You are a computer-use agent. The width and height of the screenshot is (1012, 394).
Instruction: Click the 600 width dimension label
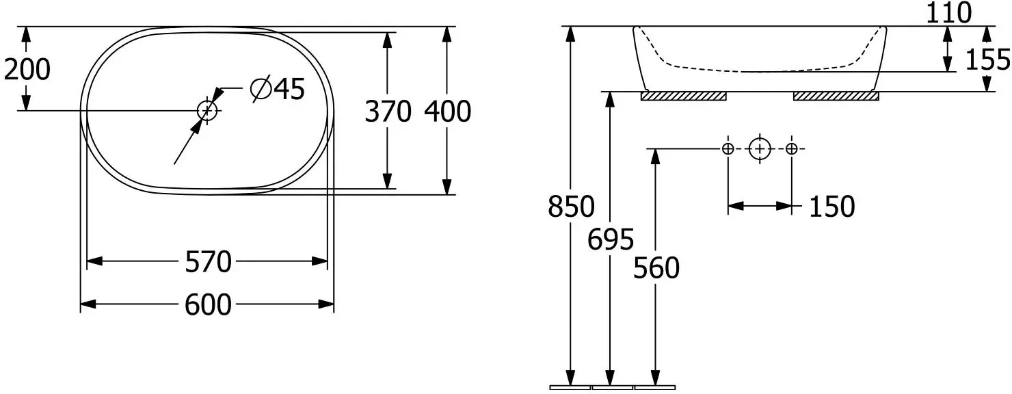tap(208, 305)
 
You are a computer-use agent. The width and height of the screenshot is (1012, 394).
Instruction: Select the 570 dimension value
tap(209, 262)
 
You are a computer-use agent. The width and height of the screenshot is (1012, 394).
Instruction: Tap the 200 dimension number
tap(27, 70)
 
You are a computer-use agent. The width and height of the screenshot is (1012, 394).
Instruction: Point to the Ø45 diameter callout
tap(278, 88)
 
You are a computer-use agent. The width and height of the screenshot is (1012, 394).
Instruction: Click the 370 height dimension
tap(388, 111)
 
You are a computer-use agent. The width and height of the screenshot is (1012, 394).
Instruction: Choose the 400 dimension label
tap(448, 111)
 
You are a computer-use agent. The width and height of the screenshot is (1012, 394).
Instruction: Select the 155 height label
tap(987, 60)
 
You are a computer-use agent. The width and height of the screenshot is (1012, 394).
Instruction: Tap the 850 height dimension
tap(571, 207)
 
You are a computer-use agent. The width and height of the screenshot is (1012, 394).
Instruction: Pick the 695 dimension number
tap(611, 239)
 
